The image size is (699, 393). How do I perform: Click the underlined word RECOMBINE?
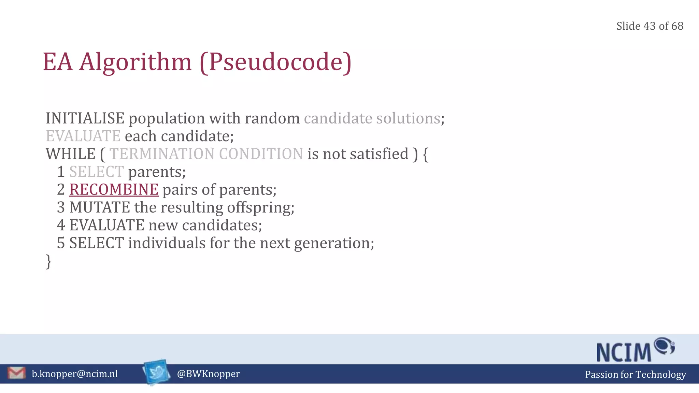pos(114,190)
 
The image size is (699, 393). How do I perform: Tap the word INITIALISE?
pos(85,118)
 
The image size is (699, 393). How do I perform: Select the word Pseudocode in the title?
pos(276,62)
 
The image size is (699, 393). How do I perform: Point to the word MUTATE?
pos(100,207)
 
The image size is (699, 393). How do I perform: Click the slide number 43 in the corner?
pos(650,26)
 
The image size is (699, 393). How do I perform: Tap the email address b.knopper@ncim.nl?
pos(75,374)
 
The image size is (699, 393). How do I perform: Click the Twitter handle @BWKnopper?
pos(208,374)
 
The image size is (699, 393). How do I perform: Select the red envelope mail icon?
pos(16,373)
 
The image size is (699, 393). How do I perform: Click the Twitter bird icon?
pos(157,372)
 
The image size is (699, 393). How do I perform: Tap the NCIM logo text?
pos(624,352)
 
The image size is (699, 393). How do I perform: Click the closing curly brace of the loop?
pos(48,261)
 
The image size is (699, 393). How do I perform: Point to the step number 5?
pos(61,243)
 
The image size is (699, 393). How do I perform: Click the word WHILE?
pos(71,154)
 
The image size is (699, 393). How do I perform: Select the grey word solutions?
pos(408,118)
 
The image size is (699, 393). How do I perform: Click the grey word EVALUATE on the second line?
pos(83,136)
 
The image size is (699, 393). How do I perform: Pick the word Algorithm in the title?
pos(135,62)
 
